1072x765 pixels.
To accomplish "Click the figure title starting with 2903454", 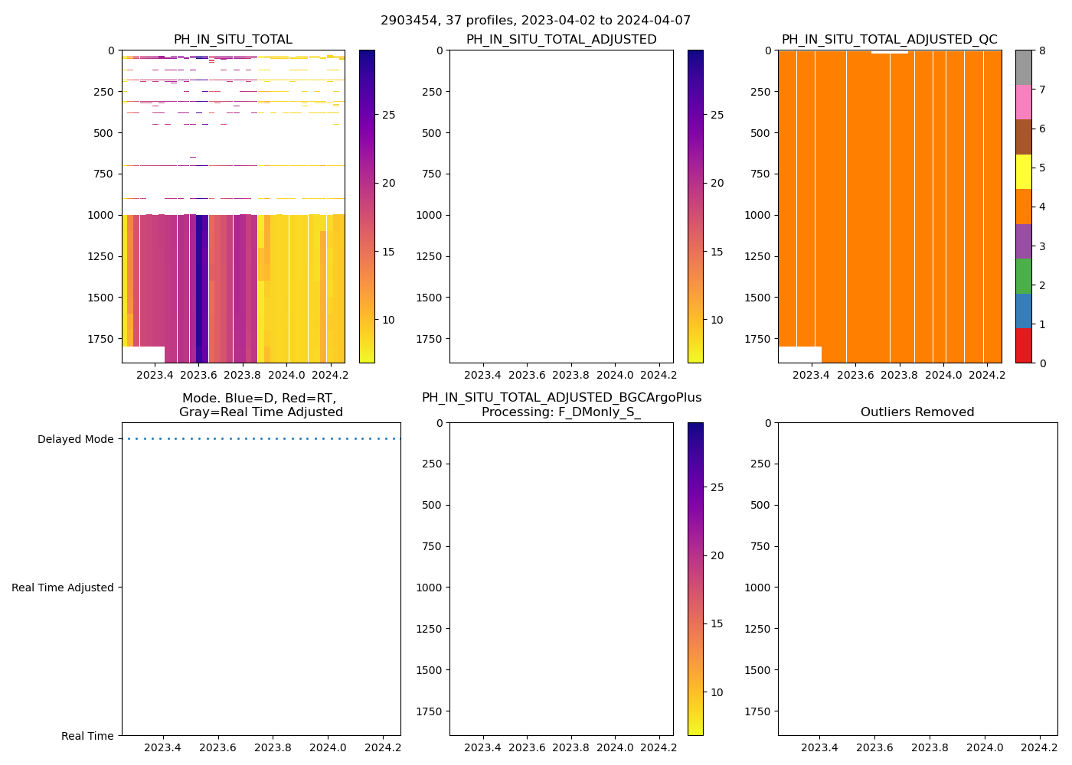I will pyautogui.click(x=535, y=21).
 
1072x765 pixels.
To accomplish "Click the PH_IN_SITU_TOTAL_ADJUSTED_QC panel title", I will pyautogui.click(x=889, y=40).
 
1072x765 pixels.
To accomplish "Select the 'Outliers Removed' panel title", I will pyautogui.click(x=917, y=412).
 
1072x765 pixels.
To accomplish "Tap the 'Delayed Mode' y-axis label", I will pyautogui.click(x=75, y=439).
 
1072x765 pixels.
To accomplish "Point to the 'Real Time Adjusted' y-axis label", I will pyautogui.click(x=63, y=588).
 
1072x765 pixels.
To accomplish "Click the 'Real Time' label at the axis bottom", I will pyautogui.click(x=87, y=736).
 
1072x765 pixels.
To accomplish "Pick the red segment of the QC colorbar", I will pyautogui.click(x=1023, y=345).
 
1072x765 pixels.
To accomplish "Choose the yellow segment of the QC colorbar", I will pyautogui.click(x=1023, y=171).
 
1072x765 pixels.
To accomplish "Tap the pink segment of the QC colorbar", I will pyautogui.click(x=1023, y=102).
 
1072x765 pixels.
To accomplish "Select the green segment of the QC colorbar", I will pyautogui.click(x=1023, y=275).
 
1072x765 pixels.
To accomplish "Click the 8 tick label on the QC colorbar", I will pyautogui.click(x=1041, y=50).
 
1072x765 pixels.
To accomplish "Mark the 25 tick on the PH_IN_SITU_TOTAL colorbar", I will pyautogui.click(x=388, y=115).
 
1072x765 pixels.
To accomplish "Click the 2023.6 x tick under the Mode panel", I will pyautogui.click(x=218, y=747).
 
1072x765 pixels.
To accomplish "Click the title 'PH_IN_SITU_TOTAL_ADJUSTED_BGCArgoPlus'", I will pyautogui.click(x=561, y=398).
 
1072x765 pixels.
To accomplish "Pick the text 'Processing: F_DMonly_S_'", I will pyautogui.click(x=561, y=412).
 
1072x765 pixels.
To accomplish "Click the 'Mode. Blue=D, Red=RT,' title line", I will pyautogui.click(x=259, y=399).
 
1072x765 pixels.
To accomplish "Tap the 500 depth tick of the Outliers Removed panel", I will pyautogui.click(x=762, y=505).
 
